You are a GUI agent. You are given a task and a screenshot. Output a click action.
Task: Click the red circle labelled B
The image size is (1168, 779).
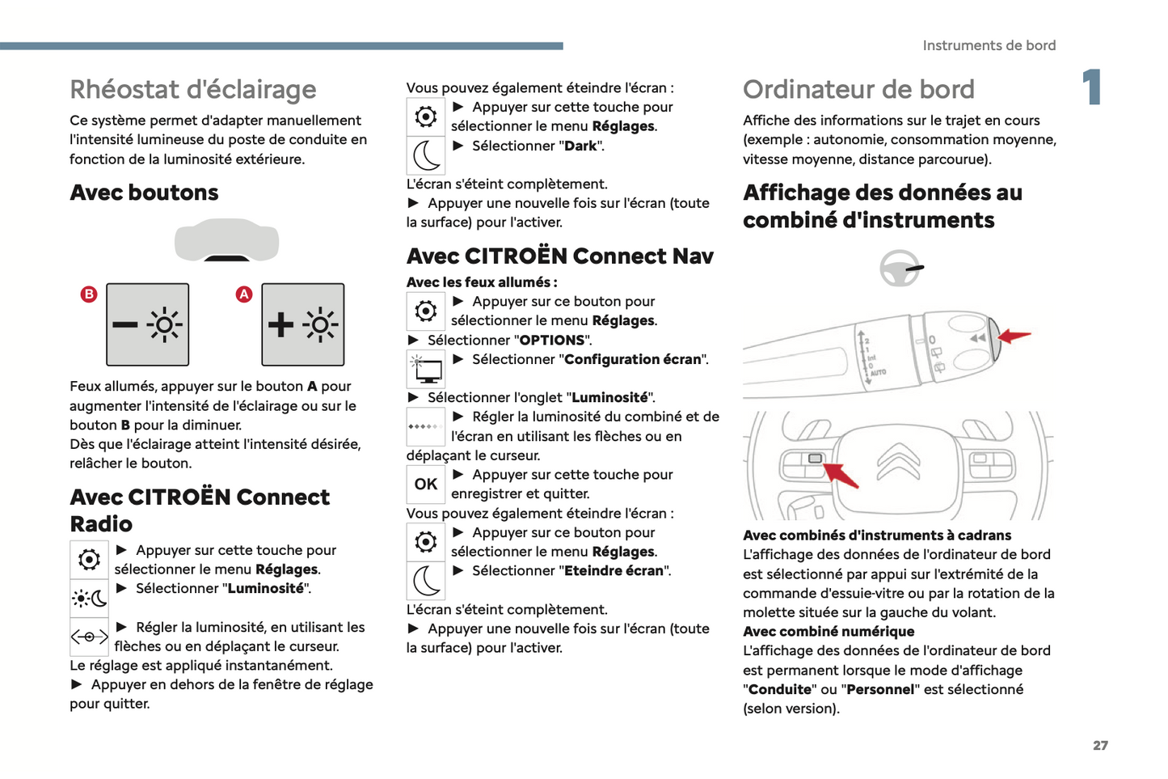tap(89, 294)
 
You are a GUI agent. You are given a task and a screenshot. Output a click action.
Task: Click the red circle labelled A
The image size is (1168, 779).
tap(243, 294)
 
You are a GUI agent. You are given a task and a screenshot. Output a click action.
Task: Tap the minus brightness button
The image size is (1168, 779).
tap(147, 324)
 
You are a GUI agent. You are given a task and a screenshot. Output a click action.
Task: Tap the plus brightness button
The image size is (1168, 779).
tap(302, 324)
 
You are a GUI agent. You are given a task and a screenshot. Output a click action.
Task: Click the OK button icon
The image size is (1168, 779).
tap(425, 484)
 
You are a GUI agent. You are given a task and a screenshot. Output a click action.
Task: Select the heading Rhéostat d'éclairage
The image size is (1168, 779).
tap(192, 89)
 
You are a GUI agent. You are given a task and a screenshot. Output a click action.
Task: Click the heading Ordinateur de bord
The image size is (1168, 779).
tap(858, 89)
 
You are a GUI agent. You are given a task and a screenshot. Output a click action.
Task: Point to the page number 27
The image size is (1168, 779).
tap(1100, 745)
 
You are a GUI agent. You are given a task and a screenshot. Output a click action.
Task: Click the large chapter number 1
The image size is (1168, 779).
tap(1092, 87)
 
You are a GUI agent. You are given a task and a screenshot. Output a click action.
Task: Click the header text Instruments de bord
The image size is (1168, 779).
tap(989, 45)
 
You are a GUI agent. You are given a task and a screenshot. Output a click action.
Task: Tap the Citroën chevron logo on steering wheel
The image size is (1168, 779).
tap(898, 461)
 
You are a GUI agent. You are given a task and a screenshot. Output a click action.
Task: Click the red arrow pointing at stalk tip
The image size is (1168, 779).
tap(1015, 336)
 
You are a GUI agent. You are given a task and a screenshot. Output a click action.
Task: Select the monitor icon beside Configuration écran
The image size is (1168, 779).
tap(425, 370)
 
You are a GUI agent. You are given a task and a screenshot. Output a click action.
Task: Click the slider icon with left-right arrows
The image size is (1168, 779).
tap(89, 637)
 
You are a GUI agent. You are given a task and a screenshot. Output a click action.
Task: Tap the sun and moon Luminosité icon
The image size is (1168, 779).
tap(89, 599)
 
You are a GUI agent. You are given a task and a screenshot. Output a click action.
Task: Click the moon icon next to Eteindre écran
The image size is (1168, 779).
tap(425, 580)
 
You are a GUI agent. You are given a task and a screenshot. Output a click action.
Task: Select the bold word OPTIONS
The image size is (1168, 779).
tap(552, 340)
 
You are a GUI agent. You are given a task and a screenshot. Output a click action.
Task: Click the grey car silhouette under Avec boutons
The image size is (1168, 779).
tap(227, 241)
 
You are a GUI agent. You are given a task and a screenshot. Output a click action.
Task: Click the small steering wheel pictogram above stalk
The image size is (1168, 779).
tap(900, 268)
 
